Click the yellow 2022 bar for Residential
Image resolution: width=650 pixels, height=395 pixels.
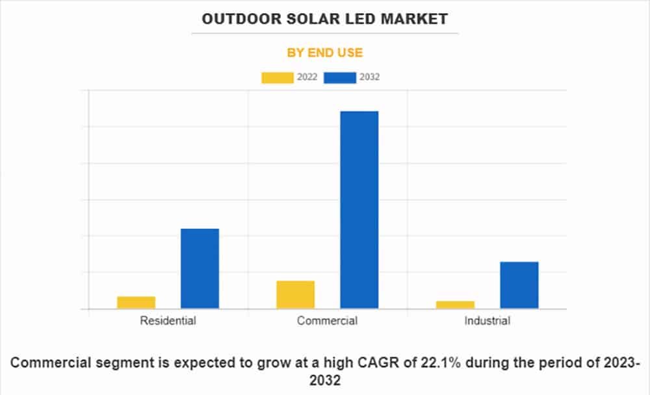[x=136, y=302]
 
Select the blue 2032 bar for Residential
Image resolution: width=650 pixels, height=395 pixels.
[x=200, y=268]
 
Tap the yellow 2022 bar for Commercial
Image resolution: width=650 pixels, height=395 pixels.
[x=295, y=294]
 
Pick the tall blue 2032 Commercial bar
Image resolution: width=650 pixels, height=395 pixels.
[x=359, y=210]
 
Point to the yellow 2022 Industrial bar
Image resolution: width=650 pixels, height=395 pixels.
[x=455, y=305]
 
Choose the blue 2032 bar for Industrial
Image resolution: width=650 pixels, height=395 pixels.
[x=519, y=285]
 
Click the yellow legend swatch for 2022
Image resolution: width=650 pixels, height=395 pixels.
[x=278, y=77]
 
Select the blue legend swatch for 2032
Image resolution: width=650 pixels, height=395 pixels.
[x=340, y=77]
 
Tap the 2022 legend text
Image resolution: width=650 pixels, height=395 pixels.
[x=307, y=77]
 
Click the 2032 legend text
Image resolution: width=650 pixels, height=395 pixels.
[x=369, y=77]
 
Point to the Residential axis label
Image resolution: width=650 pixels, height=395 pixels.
[x=168, y=320]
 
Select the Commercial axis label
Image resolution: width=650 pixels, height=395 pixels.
[x=327, y=320]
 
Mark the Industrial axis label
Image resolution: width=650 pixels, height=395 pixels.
[x=487, y=320]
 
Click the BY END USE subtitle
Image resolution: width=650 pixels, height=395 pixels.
[x=324, y=53]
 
